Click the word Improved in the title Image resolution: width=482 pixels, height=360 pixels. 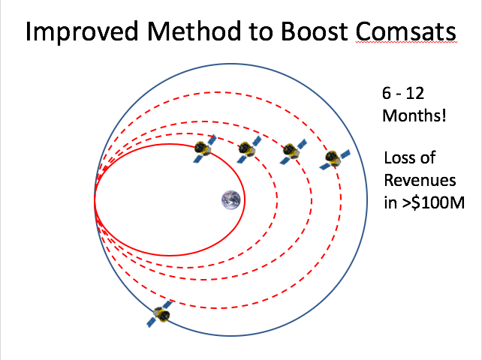[x=82, y=32]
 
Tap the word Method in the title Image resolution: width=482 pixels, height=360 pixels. [x=194, y=31]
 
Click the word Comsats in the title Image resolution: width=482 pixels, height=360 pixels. [x=405, y=31]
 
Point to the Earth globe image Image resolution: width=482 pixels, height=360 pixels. [x=230, y=200]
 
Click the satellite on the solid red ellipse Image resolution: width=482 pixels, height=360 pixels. [x=204, y=149]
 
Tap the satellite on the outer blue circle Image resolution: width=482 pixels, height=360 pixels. [x=160, y=313]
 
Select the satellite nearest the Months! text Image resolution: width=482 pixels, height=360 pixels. [x=334, y=159]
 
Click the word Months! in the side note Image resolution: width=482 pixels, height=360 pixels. [x=414, y=115]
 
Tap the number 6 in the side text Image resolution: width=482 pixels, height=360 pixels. [x=387, y=93]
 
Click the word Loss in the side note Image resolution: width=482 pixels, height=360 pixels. [x=399, y=158]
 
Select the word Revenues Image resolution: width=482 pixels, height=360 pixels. [x=420, y=180]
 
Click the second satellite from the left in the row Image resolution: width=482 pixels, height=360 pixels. [x=249, y=149]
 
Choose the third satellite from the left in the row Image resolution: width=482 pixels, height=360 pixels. [x=293, y=151]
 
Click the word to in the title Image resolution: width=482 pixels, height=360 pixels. [x=261, y=32]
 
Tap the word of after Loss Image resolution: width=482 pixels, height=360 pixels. [x=427, y=158]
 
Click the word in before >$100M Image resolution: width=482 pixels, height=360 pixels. [x=390, y=202]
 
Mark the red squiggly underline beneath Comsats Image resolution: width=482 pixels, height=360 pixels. [x=405, y=43]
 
